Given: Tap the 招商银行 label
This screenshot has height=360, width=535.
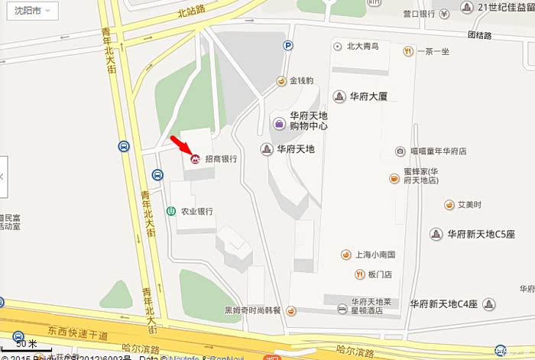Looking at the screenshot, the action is (219, 159).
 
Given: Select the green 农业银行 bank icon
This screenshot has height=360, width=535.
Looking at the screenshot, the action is (171, 211).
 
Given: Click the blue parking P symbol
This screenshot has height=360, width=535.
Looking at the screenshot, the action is (288, 46).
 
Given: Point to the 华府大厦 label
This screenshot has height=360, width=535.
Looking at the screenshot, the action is (369, 96).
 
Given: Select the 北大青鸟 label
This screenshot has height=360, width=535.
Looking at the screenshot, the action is (362, 46).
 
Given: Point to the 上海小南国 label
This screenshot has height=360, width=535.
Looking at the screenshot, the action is (374, 255).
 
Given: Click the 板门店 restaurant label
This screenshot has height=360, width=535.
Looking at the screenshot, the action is (379, 274).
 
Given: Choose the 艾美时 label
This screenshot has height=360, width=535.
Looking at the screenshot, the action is (469, 205).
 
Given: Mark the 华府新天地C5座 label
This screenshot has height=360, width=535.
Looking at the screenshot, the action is (481, 233).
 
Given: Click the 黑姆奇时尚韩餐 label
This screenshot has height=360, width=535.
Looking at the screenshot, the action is (253, 310).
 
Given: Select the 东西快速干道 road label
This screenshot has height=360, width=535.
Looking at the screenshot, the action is (77, 333).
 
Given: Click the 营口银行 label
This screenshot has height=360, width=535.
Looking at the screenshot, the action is (418, 14).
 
